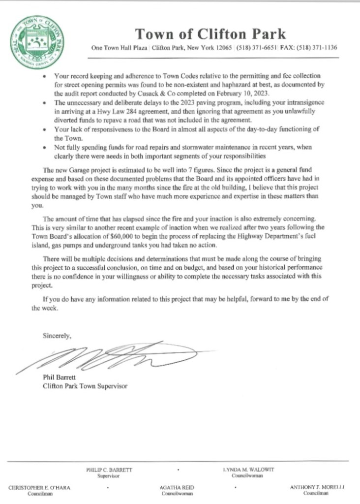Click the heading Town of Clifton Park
(210, 34)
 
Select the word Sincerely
(57, 336)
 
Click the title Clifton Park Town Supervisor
(85, 386)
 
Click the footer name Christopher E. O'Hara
(39, 487)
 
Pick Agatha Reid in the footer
(174, 487)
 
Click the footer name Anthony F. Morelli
(316, 487)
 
